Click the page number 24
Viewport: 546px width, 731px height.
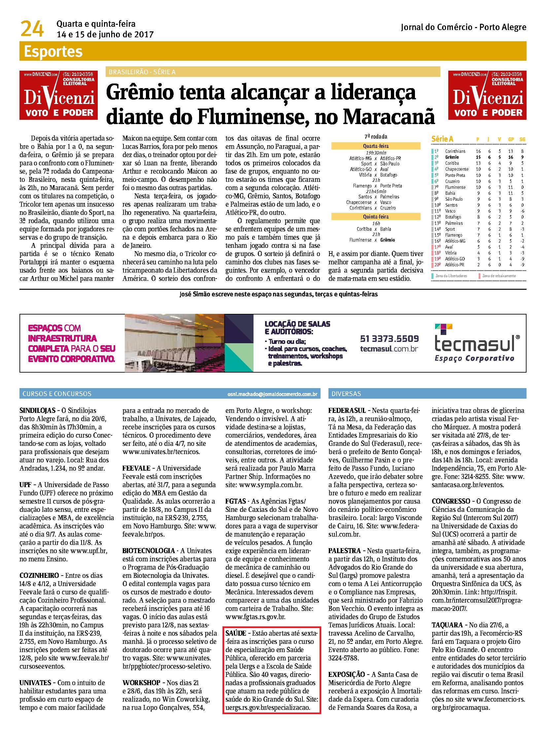point(32,29)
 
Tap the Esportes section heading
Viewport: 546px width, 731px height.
point(53,52)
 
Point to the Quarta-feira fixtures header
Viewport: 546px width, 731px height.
point(375,146)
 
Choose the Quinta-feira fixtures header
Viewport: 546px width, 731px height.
point(375,217)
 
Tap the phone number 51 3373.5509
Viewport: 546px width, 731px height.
point(389,339)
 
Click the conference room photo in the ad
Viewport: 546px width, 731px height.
point(174,343)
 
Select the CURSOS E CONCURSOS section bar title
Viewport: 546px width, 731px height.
point(56,394)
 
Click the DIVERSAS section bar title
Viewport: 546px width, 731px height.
point(346,394)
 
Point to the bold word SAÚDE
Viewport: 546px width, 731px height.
point(236,633)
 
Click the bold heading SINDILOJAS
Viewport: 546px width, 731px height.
point(37,411)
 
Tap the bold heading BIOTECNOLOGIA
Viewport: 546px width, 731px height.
point(149,551)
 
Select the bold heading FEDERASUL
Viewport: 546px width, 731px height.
point(347,411)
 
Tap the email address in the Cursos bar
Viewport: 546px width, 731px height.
point(272,394)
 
